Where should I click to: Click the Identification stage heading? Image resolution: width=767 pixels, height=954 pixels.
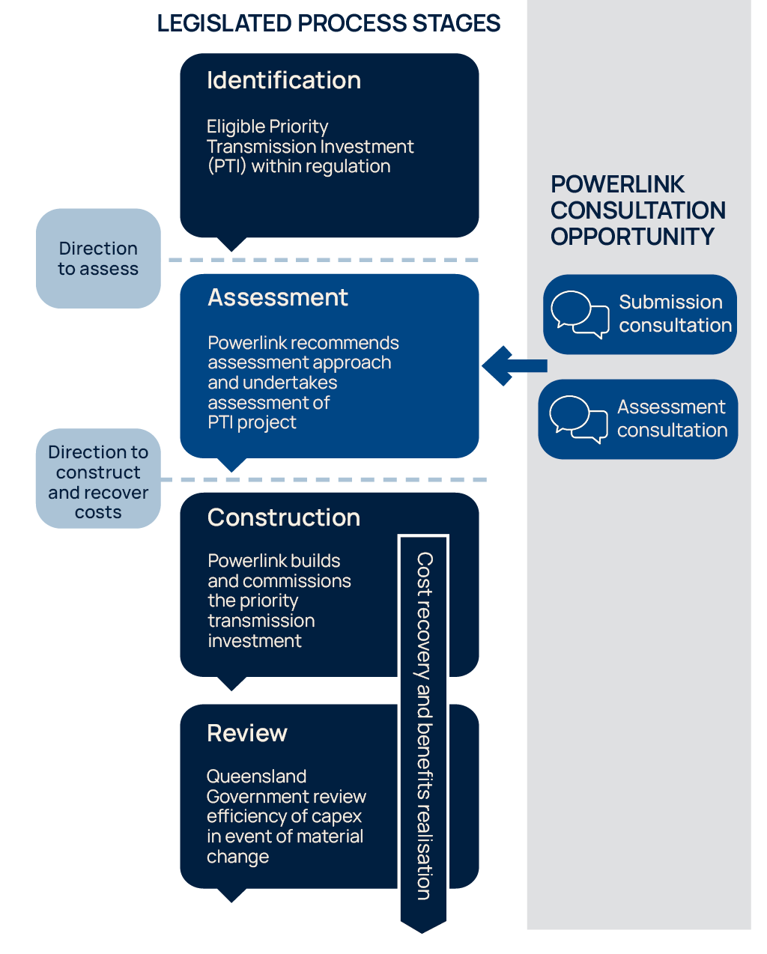click(284, 81)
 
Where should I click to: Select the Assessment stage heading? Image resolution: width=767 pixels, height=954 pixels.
click(278, 298)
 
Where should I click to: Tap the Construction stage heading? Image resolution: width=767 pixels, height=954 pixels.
click(284, 518)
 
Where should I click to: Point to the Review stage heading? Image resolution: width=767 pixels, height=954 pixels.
click(247, 734)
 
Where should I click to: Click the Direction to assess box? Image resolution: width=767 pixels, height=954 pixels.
click(98, 258)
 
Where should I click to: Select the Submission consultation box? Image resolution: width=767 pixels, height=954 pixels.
click(640, 315)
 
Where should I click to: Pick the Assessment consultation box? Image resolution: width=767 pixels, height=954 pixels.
click(638, 419)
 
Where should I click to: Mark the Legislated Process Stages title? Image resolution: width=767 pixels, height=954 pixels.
click(329, 24)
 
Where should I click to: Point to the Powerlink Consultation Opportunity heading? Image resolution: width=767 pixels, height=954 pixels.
click(637, 210)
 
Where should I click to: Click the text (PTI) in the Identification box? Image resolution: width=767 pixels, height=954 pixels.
click(226, 166)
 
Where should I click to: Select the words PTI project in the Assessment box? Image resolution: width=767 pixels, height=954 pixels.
click(252, 423)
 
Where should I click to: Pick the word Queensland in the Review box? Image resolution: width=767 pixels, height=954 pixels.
click(256, 777)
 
